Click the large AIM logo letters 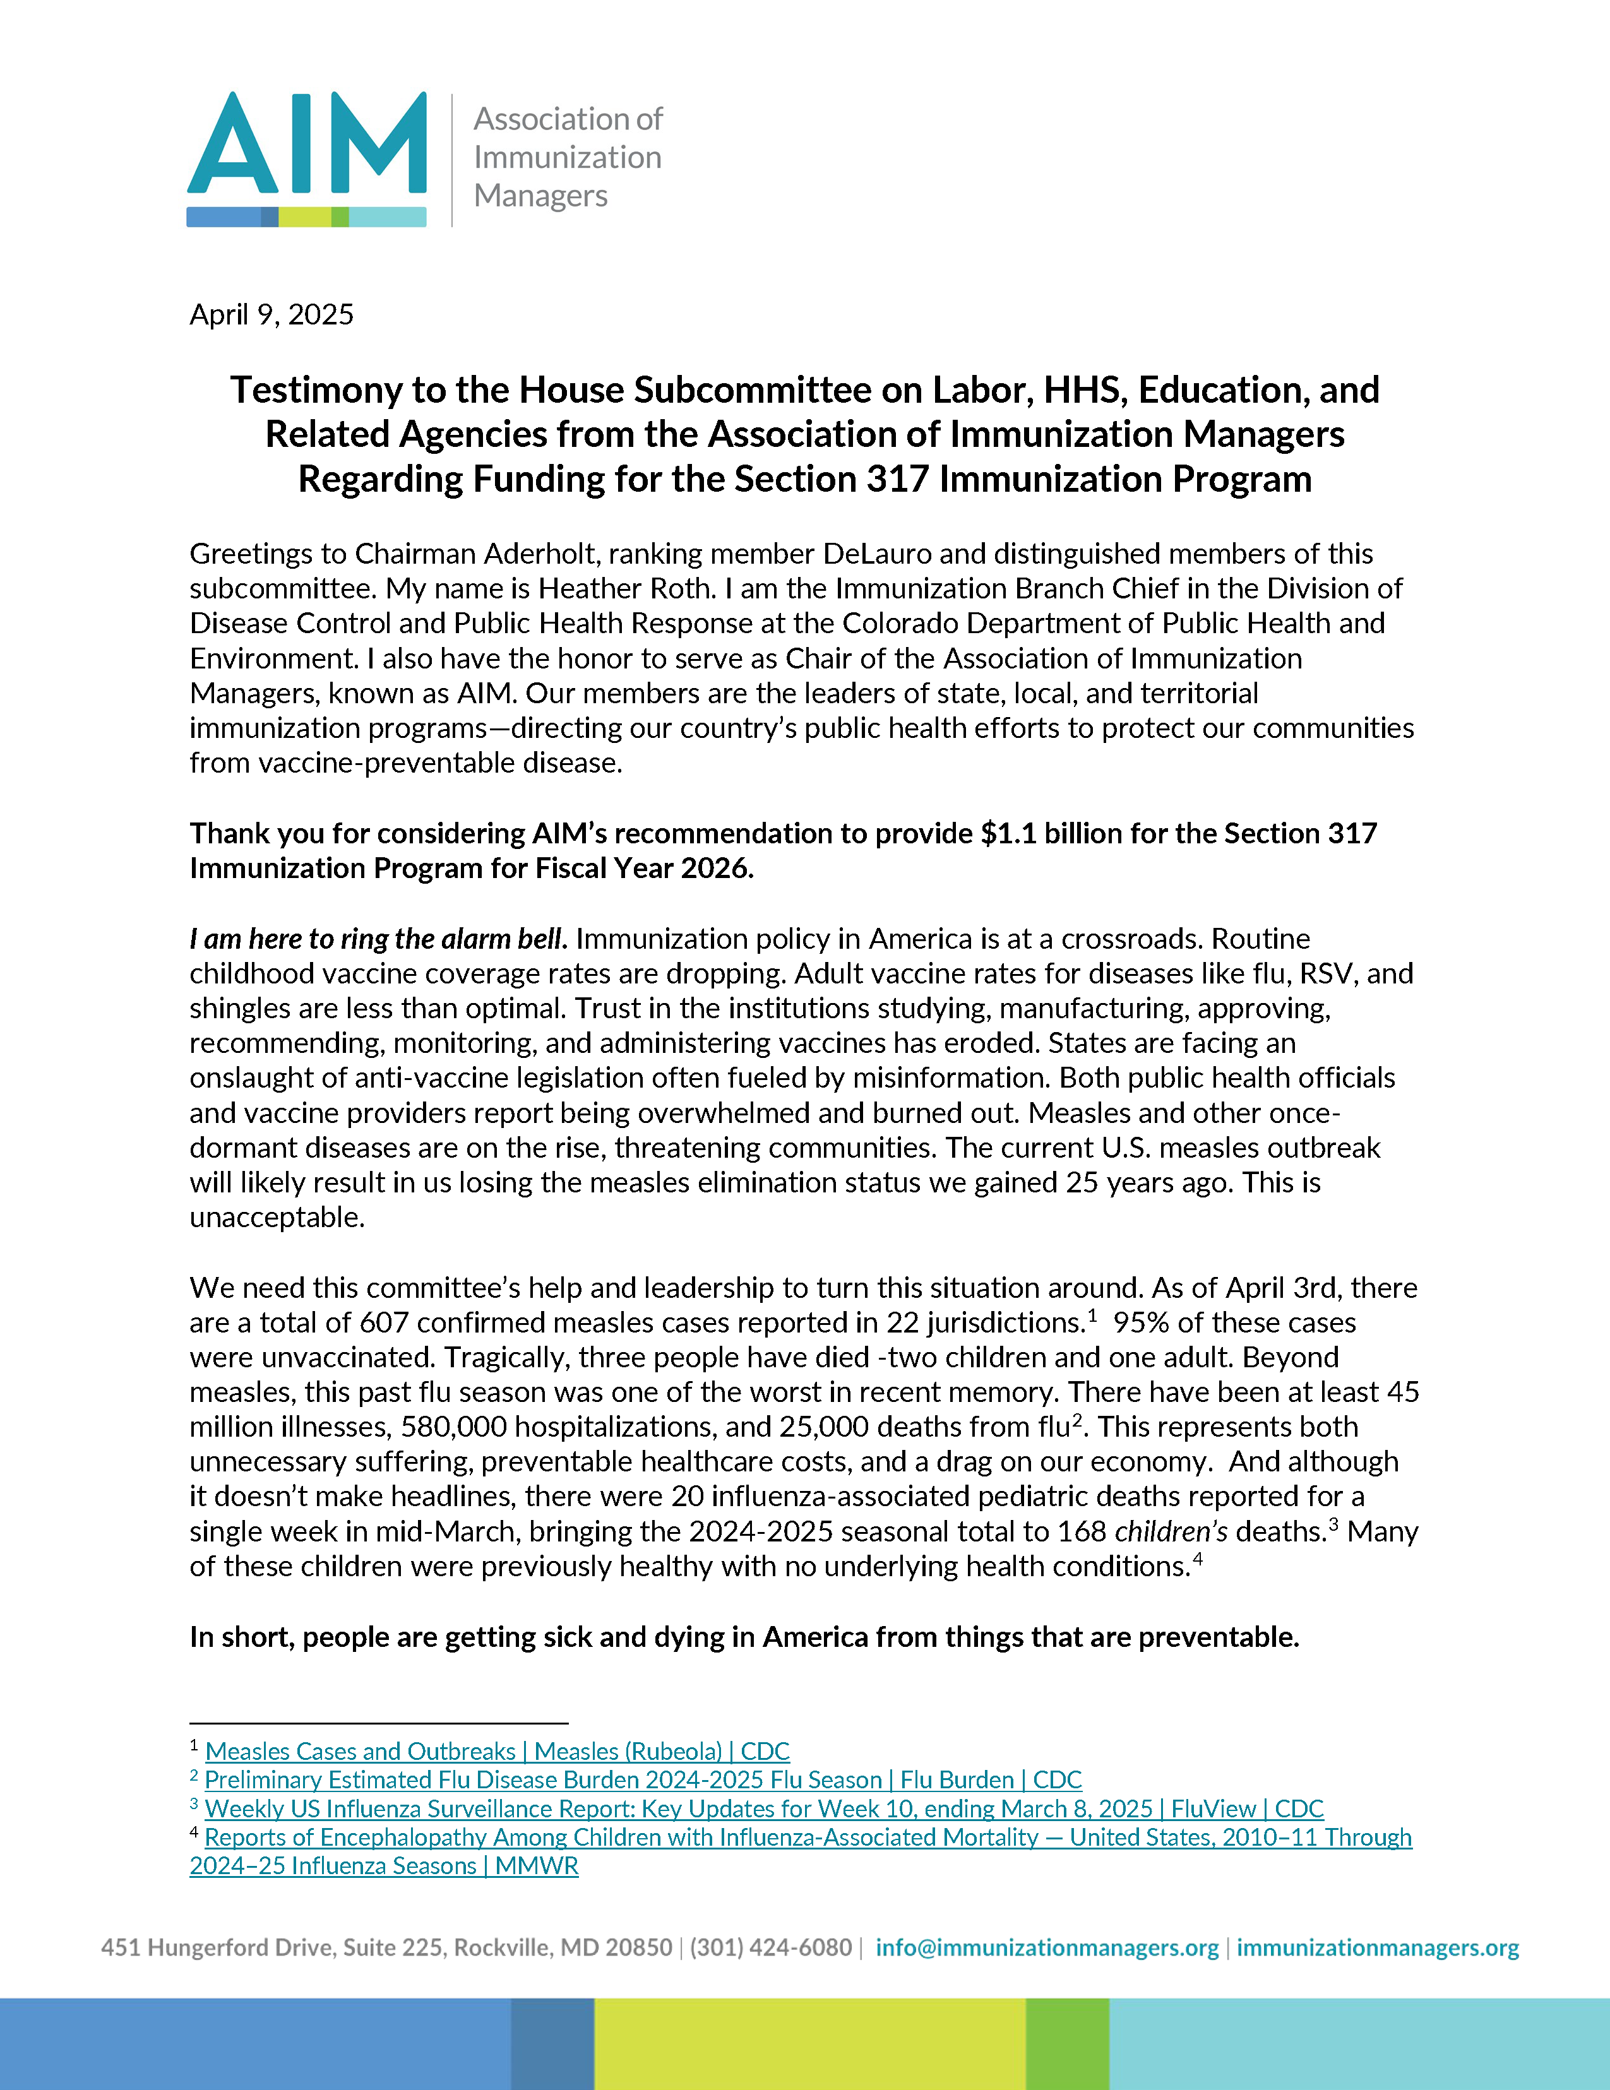tap(306, 143)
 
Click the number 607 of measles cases tap(383, 1322)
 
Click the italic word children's tap(1171, 1531)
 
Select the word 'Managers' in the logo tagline tap(541, 195)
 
